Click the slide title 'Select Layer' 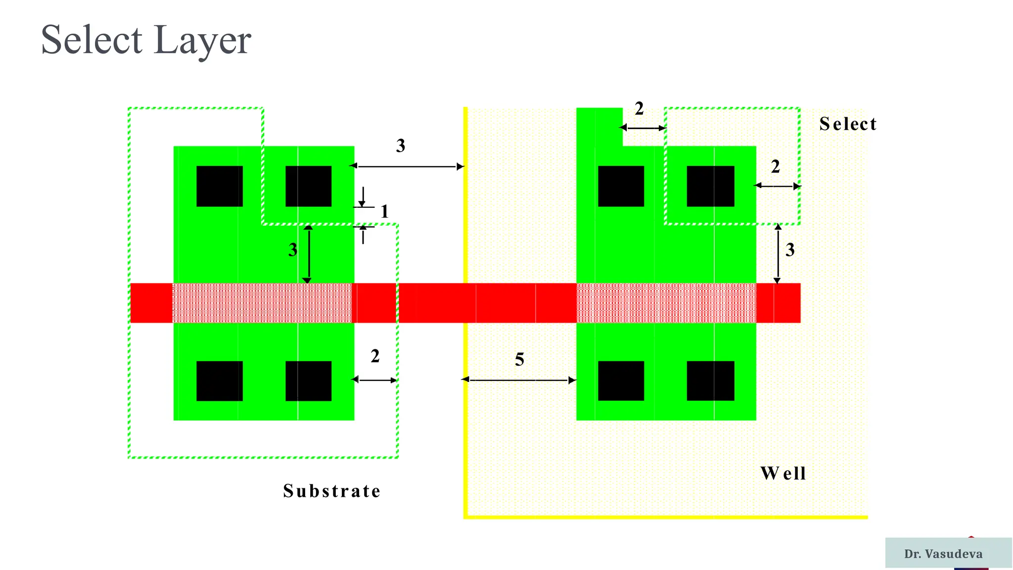click(x=146, y=40)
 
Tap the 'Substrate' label click(x=332, y=491)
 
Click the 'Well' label click(x=783, y=474)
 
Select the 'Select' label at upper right click(x=848, y=124)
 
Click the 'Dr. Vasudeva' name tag click(x=943, y=554)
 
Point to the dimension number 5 click(x=519, y=360)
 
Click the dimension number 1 click(x=384, y=212)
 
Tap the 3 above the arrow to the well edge click(x=401, y=146)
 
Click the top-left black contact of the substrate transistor click(x=220, y=186)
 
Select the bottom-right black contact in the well click(x=710, y=380)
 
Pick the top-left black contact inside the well click(x=621, y=186)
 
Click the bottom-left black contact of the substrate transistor click(x=220, y=380)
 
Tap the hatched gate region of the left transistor click(x=262, y=303)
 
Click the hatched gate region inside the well click(x=666, y=303)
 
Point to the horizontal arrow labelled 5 click(x=519, y=380)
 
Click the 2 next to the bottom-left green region click(x=375, y=356)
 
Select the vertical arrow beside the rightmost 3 click(x=778, y=253)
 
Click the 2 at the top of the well click(x=639, y=109)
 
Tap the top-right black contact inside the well click(x=710, y=186)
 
